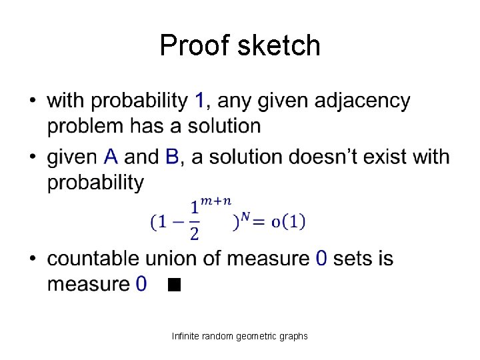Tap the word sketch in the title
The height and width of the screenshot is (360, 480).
[x=279, y=45]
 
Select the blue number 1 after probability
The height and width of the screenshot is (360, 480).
[x=199, y=101]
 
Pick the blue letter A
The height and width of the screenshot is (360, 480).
[x=112, y=157]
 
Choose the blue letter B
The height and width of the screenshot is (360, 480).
[x=172, y=157]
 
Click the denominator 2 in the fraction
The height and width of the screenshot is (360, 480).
[x=195, y=233]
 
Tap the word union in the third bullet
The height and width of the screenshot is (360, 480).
[x=180, y=259]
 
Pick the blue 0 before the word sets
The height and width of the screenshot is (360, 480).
[x=321, y=259]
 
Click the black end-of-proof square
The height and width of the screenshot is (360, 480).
[x=175, y=286]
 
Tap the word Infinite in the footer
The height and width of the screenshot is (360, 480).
[x=185, y=336]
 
